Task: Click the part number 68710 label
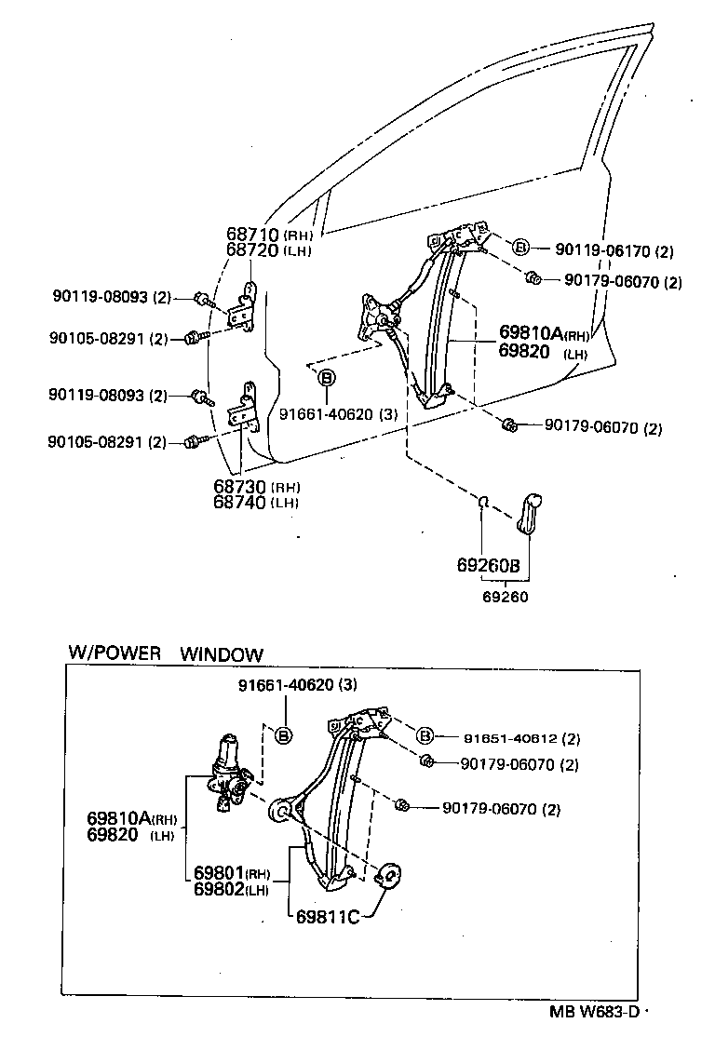coord(253,236)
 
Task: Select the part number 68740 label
coord(240,503)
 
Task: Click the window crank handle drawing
coord(531,515)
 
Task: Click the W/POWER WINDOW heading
coord(165,654)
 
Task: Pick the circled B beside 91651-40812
coord(425,735)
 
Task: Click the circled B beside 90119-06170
coord(520,247)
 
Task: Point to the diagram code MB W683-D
coord(592,1014)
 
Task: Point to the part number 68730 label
coord(240,487)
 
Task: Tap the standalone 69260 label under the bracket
coord(506,597)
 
